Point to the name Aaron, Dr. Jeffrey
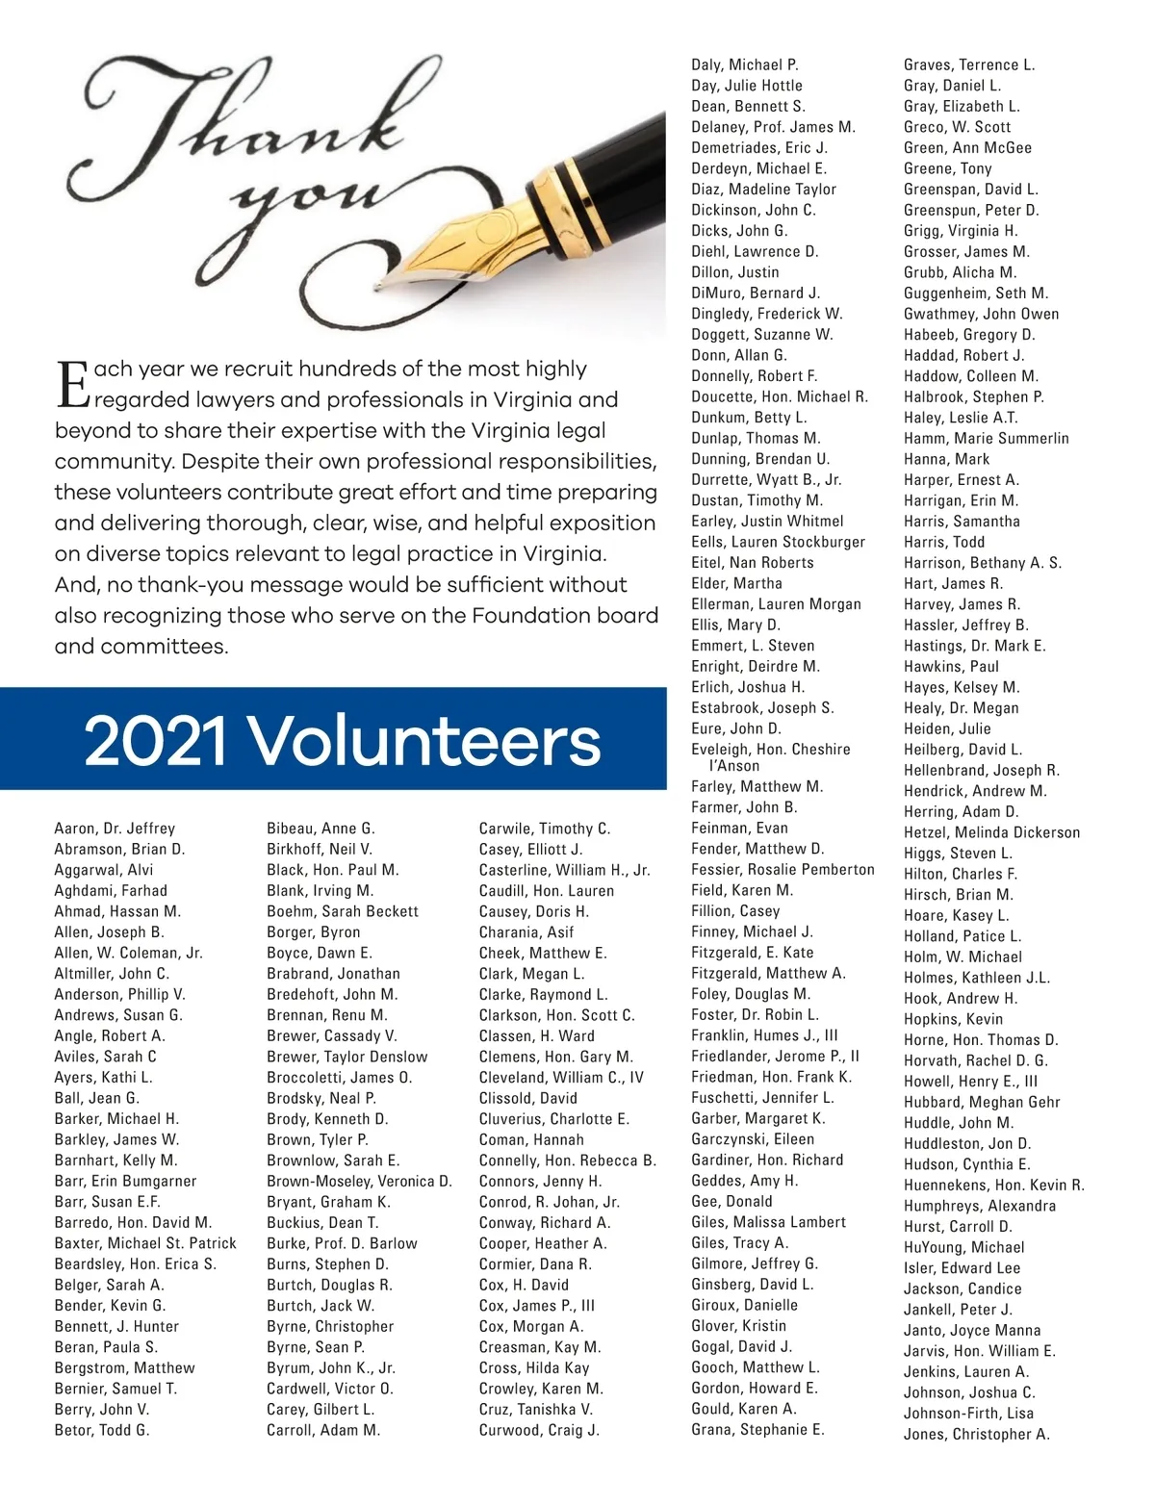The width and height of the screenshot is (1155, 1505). pyautogui.click(x=115, y=829)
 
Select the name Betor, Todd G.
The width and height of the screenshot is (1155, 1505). pyautogui.click(x=102, y=1431)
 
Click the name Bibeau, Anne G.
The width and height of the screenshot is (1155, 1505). pyautogui.click(x=321, y=829)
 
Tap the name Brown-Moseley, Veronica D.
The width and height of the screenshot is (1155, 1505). pyautogui.click(x=359, y=1182)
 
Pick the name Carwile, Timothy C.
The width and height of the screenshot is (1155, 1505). pyautogui.click(x=544, y=829)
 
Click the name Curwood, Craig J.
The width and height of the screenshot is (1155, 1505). pyautogui.click(x=539, y=1431)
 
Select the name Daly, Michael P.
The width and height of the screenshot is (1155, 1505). pyautogui.click(x=745, y=65)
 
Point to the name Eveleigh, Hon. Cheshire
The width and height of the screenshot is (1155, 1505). pyautogui.click(x=770, y=750)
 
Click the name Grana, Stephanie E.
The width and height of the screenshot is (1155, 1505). pyautogui.click(x=757, y=1430)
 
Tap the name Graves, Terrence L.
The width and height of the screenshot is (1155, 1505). pyautogui.click(x=969, y=65)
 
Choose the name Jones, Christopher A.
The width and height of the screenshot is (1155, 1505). pyautogui.click(x=976, y=1435)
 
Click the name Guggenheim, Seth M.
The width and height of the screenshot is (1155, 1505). pyautogui.click(x=976, y=293)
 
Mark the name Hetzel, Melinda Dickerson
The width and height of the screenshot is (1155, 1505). pyautogui.click(x=991, y=833)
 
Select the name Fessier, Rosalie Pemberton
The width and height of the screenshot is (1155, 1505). pyautogui.click(x=783, y=870)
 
